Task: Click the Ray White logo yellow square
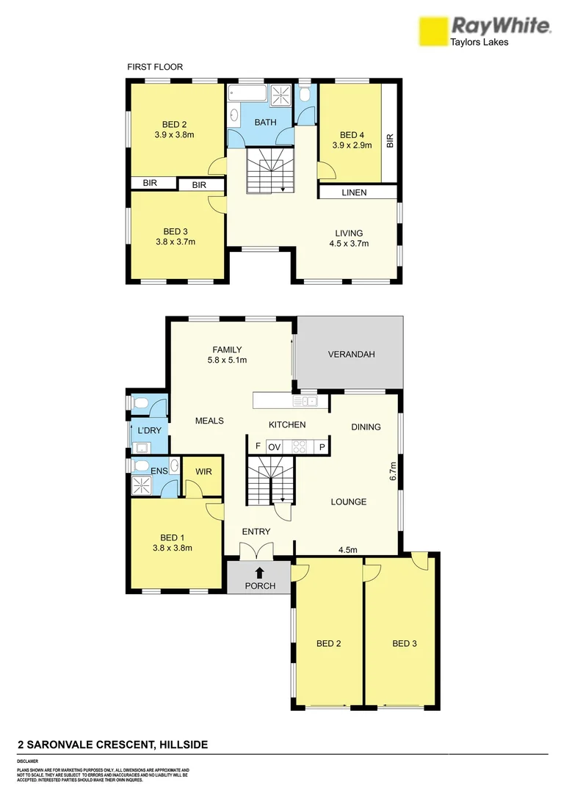[432, 32]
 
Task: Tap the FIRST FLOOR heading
[155, 67]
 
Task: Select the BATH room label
[265, 122]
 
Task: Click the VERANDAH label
[351, 355]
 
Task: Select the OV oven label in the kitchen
[275, 446]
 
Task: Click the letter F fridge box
[258, 446]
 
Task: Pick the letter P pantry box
[322, 446]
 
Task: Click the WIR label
[204, 472]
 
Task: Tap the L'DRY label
[149, 430]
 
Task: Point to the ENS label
[159, 470]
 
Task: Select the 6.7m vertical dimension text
[393, 471]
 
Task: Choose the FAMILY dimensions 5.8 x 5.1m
[227, 361]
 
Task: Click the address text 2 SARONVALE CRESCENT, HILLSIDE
[112, 745]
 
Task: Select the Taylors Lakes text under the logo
[479, 42]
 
